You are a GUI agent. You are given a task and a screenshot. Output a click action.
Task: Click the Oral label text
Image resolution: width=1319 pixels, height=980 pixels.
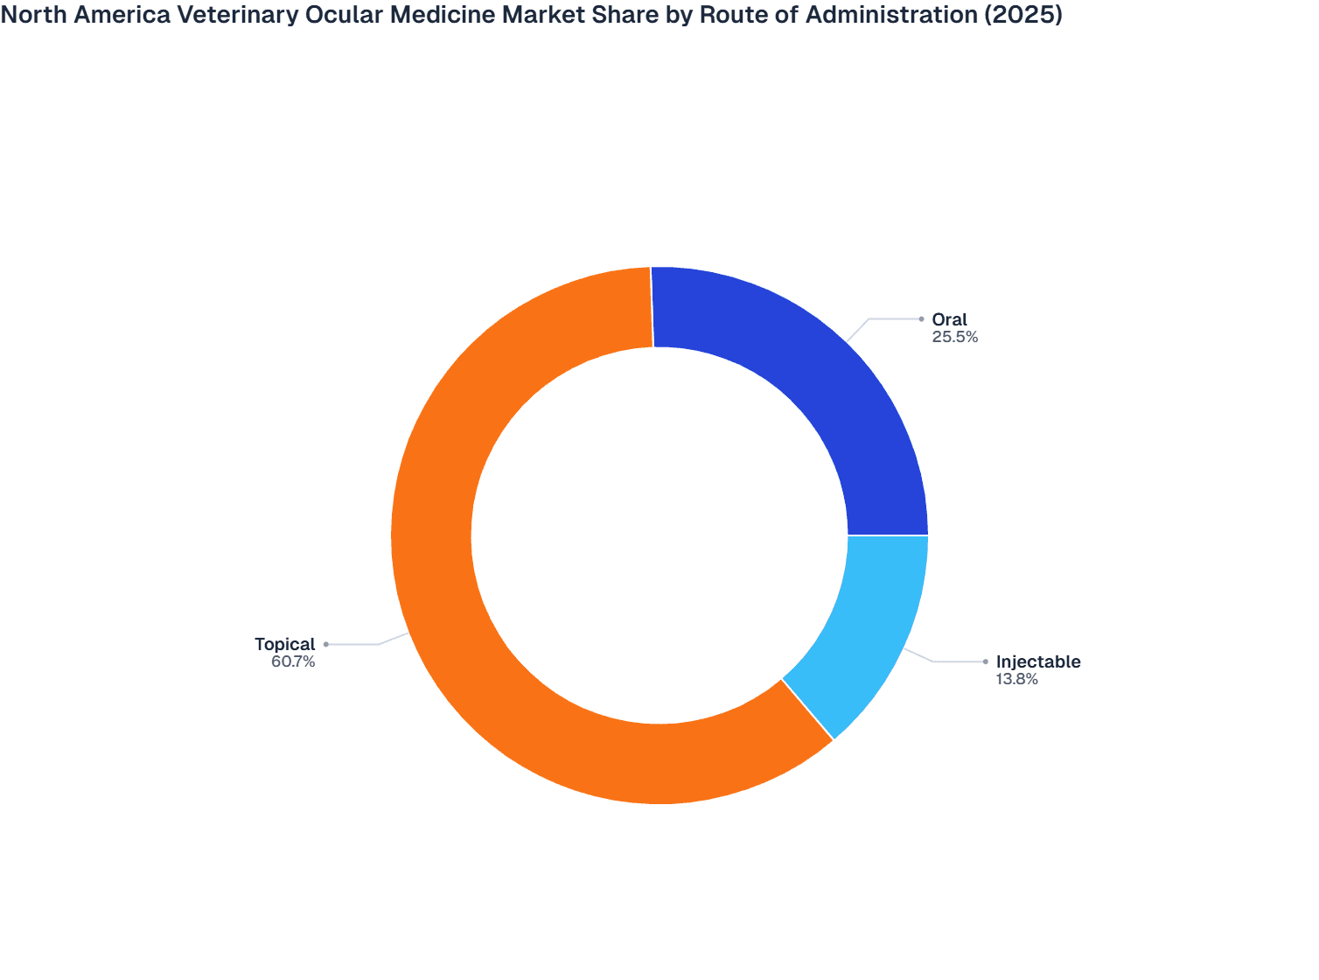click(949, 320)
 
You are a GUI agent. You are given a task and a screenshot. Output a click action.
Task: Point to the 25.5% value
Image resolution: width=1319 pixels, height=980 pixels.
click(954, 337)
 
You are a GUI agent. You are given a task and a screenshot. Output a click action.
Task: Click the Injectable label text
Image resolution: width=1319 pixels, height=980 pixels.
click(1038, 662)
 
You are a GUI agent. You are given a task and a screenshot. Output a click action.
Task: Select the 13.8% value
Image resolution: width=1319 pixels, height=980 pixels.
click(1016, 679)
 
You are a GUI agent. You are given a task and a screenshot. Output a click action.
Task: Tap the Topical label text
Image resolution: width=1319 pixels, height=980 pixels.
click(284, 645)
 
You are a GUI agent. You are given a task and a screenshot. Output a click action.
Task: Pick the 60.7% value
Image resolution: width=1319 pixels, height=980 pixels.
click(293, 662)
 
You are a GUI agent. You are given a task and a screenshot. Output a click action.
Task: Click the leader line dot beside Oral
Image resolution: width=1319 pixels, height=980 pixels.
click(921, 319)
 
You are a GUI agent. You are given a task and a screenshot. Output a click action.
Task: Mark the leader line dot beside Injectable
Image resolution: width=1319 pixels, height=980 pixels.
click(986, 661)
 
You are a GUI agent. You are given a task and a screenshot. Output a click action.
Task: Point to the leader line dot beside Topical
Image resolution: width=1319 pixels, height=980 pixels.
click(326, 644)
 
